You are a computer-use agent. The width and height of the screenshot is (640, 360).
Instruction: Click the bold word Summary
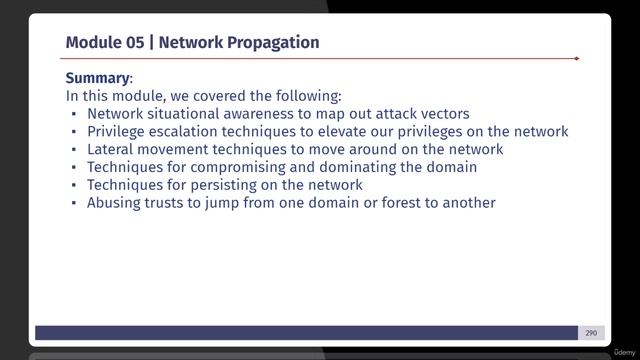(97, 78)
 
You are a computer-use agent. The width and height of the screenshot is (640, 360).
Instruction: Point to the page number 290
(591, 333)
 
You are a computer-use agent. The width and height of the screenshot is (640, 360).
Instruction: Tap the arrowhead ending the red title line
(576, 59)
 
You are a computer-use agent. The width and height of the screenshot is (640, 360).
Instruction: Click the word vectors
(443, 114)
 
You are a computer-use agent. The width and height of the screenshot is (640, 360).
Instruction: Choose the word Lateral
(111, 149)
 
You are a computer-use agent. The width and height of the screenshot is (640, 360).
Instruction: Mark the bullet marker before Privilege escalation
(74, 132)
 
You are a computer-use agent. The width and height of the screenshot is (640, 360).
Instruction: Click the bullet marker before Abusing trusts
(74, 204)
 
